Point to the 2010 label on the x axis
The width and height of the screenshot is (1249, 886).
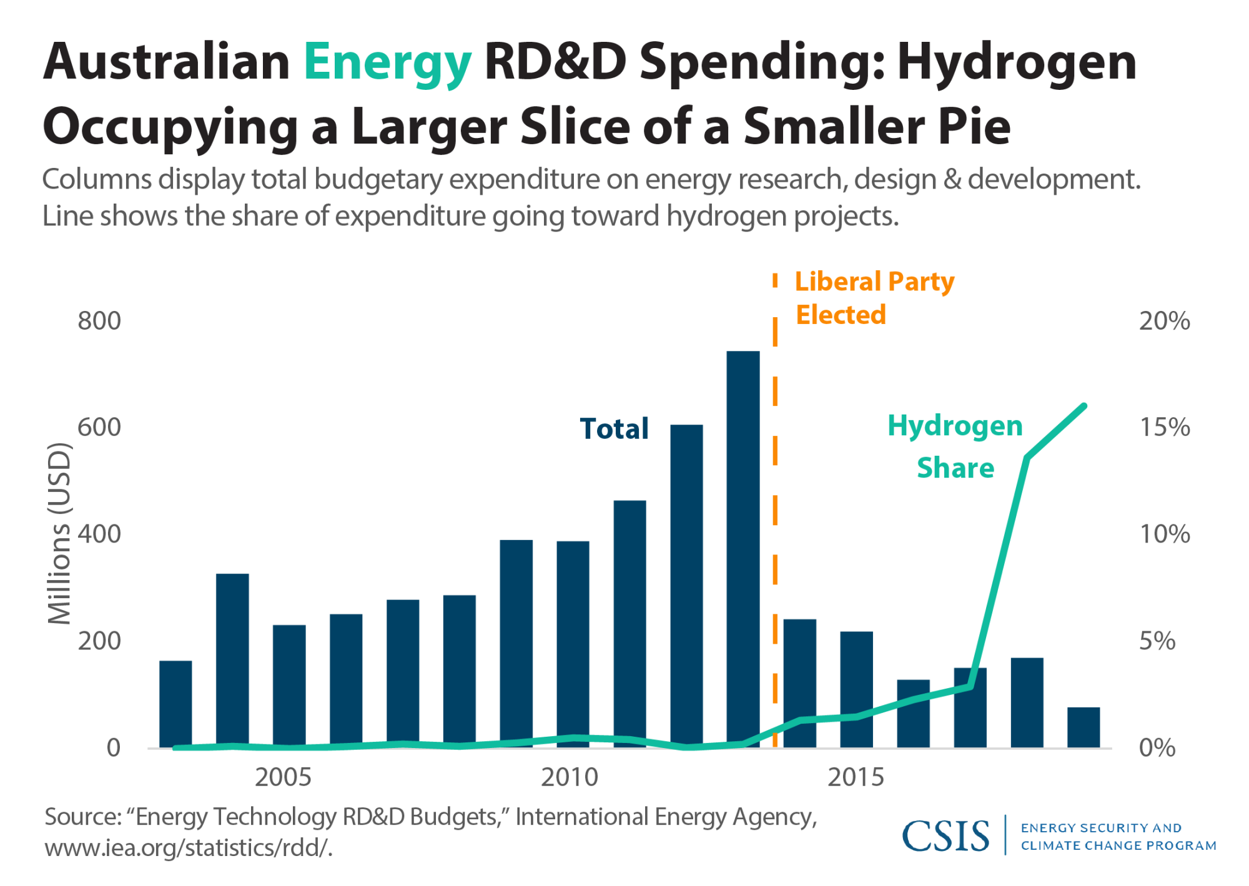[x=570, y=777]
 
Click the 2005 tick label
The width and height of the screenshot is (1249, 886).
[x=283, y=777]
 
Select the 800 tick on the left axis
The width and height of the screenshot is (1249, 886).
[x=99, y=321]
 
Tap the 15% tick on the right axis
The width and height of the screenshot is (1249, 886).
[x=1165, y=428]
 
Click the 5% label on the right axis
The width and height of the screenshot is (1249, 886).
[x=1157, y=641]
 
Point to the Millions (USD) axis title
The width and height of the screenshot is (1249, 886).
[x=60, y=533]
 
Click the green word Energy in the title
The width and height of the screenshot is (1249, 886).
[x=387, y=62]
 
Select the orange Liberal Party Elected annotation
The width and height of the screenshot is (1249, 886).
[x=874, y=298]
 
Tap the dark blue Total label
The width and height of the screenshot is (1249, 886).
[x=615, y=429]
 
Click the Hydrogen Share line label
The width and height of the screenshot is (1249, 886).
[x=955, y=446]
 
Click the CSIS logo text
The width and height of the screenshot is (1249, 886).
[x=945, y=836]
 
